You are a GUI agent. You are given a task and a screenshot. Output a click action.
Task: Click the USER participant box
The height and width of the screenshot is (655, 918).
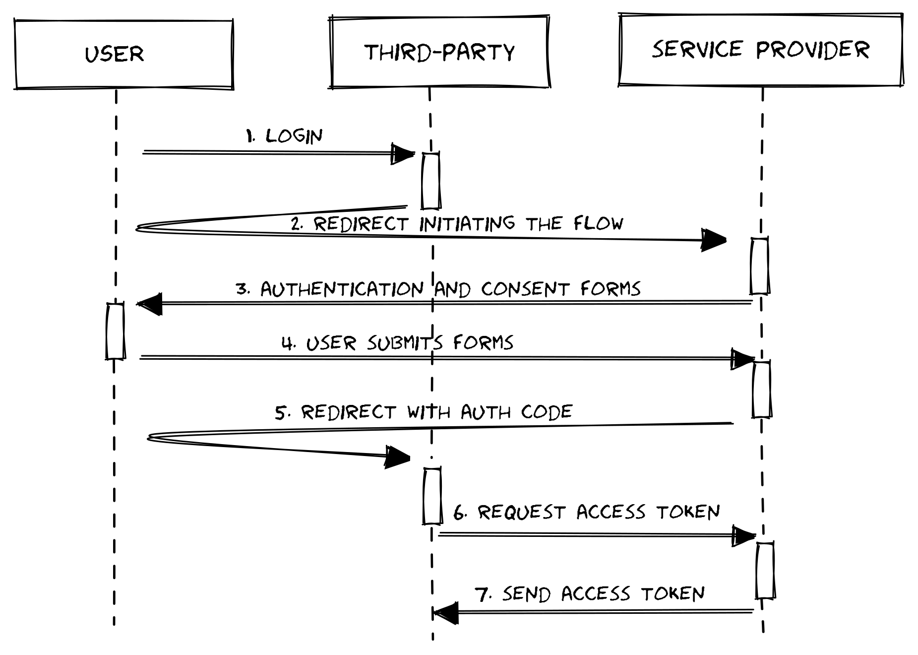124,55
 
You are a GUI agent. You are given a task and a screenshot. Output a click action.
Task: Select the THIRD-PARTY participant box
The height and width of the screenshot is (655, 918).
440,52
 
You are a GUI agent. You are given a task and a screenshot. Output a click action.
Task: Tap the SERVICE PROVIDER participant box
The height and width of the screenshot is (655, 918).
761,50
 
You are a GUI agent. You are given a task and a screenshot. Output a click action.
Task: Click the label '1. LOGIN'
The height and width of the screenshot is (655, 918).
284,135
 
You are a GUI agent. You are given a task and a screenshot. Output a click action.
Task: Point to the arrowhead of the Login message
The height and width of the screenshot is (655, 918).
403,154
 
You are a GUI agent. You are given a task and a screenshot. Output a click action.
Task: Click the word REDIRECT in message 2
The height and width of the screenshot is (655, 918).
361,224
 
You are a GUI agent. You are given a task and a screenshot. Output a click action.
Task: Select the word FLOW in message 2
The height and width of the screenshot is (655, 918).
598,223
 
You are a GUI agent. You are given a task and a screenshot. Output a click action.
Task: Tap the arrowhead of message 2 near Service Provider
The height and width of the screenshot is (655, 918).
714,240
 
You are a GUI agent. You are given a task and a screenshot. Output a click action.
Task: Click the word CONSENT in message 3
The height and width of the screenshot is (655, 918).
525,289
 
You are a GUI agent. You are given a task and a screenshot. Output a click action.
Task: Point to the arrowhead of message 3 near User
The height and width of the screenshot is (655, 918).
150,304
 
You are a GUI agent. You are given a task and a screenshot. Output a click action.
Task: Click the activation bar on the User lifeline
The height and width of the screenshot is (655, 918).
115,331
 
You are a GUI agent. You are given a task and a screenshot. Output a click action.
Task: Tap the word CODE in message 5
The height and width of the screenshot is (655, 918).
547,412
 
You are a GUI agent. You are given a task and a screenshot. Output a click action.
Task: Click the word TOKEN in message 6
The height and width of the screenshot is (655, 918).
688,512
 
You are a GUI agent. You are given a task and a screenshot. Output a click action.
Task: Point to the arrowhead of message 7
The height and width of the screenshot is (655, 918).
445,613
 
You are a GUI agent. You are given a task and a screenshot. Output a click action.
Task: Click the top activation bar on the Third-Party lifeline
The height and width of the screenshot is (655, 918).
430,181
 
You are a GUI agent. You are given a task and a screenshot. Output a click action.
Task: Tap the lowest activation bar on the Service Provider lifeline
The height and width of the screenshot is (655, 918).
765,571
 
